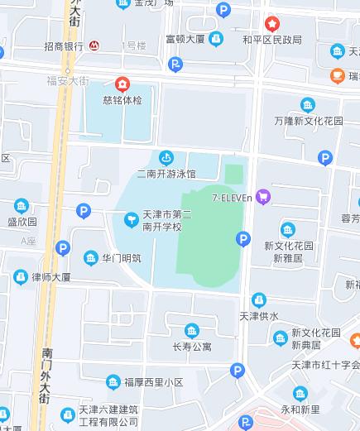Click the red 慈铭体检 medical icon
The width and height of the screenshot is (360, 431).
tap(122, 84)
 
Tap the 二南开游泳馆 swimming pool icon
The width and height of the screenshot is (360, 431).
tap(166, 157)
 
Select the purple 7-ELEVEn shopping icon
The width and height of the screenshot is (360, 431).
tap(264, 196)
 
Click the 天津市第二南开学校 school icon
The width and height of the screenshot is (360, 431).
tap(131, 219)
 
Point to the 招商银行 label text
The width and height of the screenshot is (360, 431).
tap(64, 45)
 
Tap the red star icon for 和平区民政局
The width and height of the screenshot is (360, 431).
tap(271, 24)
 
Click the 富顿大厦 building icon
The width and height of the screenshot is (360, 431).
tap(216, 38)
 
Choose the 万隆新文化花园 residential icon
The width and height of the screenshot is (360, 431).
tap(308, 105)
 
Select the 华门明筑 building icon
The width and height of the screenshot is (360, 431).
tap(89, 258)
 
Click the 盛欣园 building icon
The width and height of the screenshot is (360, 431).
tap(22, 206)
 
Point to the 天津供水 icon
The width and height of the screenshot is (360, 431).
tap(259, 299)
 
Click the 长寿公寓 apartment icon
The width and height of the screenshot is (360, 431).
tap(192, 331)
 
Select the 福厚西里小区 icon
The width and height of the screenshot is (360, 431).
tap(113, 381)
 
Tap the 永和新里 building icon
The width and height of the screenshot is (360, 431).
tap(300, 394)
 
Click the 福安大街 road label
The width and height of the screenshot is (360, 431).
tap(67, 81)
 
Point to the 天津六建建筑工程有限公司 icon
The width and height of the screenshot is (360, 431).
tap(69, 410)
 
